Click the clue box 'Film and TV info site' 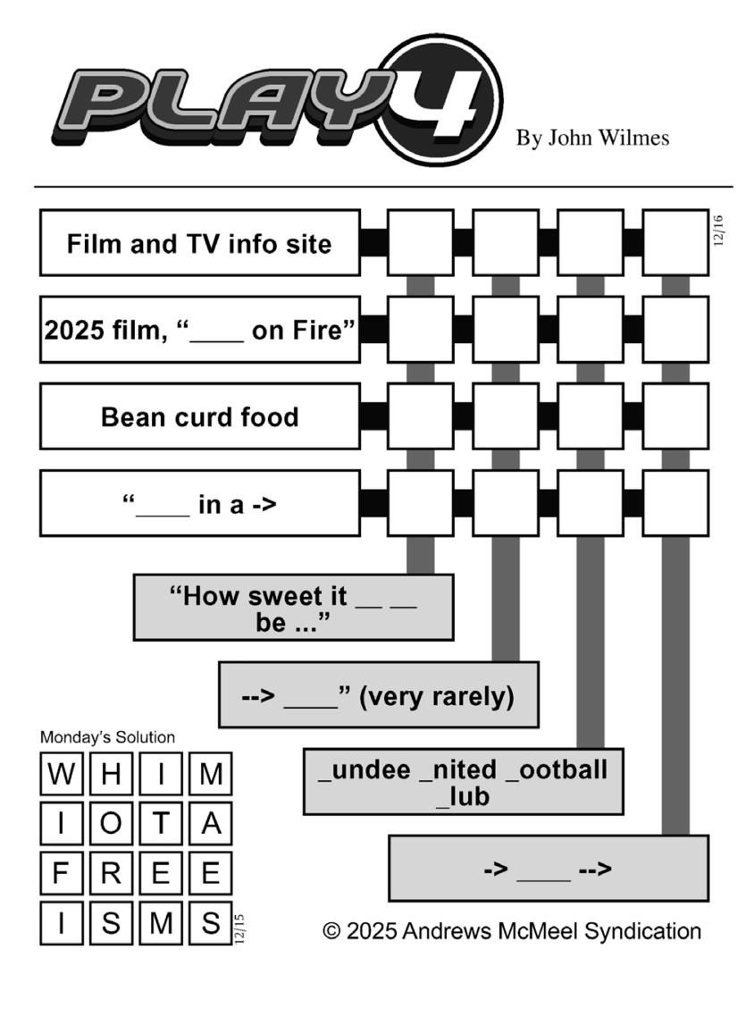pyautogui.click(x=200, y=242)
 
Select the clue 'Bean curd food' pyautogui.click(x=200, y=416)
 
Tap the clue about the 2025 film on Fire pyautogui.click(x=200, y=330)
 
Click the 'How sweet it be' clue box pyautogui.click(x=293, y=608)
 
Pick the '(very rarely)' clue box pyautogui.click(x=378, y=694)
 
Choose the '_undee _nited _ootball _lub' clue pyautogui.click(x=464, y=781)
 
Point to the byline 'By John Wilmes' pyautogui.click(x=592, y=138)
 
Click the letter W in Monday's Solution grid pyautogui.click(x=62, y=774)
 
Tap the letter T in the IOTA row pyautogui.click(x=161, y=823)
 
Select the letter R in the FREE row pyautogui.click(x=111, y=873)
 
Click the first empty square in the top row pyautogui.click(x=421, y=242)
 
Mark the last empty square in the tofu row pyautogui.click(x=675, y=416)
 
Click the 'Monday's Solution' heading pyautogui.click(x=108, y=736)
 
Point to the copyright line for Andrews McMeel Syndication pyautogui.click(x=512, y=931)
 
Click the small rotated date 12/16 pyautogui.click(x=718, y=230)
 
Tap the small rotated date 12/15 pyautogui.click(x=239, y=928)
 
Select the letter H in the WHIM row pyautogui.click(x=111, y=774)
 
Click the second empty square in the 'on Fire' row pyautogui.click(x=506, y=330)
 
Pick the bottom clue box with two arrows pyautogui.click(x=549, y=868)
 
